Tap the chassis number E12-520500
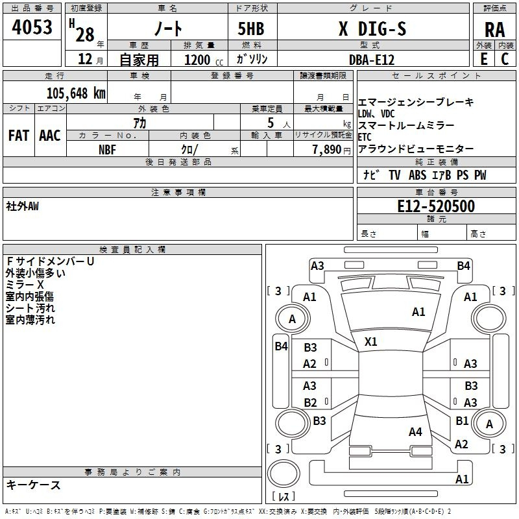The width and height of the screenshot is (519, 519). (435, 207)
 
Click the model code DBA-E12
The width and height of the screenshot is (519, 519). (372, 60)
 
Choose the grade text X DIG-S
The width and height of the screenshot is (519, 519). (372, 29)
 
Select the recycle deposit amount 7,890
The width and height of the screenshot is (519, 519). (328, 149)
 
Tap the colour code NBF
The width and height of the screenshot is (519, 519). (108, 149)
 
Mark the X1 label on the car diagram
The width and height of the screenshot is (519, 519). (371, 341)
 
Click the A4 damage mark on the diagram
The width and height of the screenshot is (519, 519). (415, 431)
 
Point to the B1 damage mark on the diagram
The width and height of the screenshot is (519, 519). (462, 421)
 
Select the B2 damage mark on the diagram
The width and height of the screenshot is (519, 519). (310, 402)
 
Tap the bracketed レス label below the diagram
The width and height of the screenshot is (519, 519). (284, 497)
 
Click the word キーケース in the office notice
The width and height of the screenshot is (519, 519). (34, 485)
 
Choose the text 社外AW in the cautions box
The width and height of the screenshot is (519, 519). (23, 206)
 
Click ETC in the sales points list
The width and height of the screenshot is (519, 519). (365, 137)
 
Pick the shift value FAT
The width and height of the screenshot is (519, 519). (19, 136)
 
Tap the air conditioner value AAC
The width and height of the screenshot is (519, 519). (50, 136)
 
